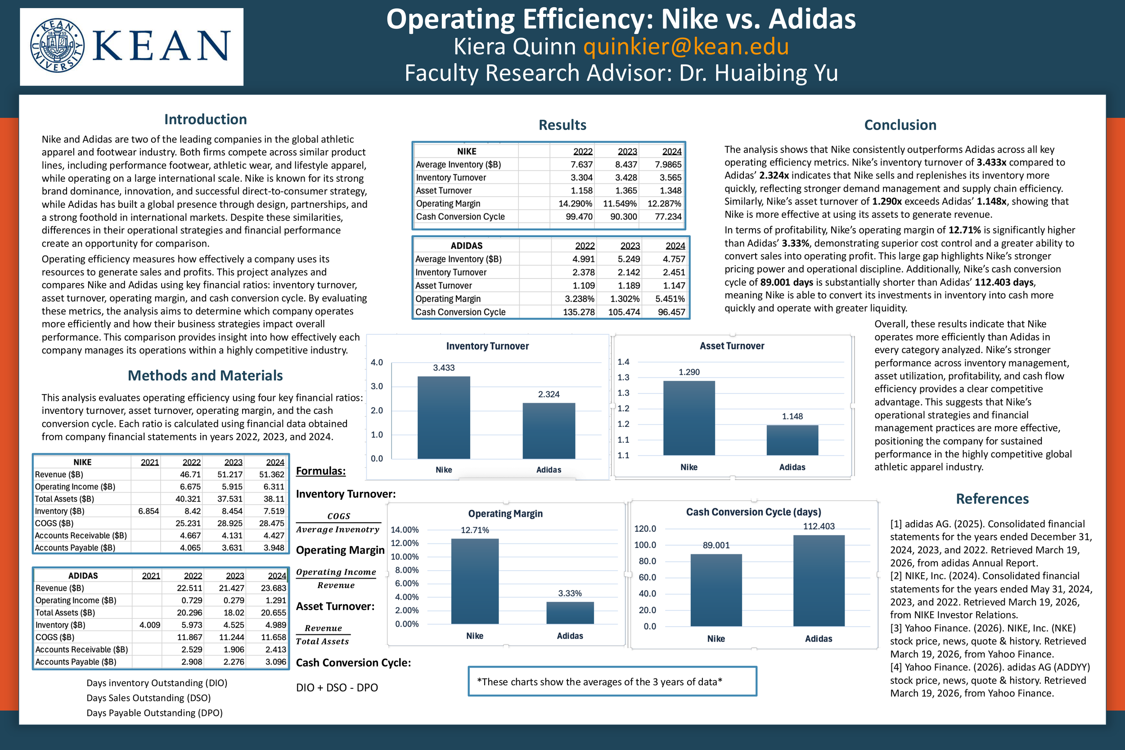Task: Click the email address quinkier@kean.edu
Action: point(686,46)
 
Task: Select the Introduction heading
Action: point(205,119)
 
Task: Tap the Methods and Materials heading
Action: point(205,376)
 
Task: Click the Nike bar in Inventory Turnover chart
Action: point(443,417)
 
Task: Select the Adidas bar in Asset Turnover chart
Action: point(792,440)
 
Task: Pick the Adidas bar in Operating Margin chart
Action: point(570,613)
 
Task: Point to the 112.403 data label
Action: point(819,526)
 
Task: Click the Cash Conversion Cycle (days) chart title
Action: point(753,512)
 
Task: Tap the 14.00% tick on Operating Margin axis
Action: point(405,530)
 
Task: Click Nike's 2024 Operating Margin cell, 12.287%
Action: point(664,204)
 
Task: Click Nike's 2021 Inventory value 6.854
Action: point(148,511)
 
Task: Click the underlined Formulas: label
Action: point(320,471)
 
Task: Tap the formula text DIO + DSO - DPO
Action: point(337,687)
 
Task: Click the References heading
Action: point(992,499)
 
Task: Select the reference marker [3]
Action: point(896,628)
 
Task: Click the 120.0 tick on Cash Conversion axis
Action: point(645,529)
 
